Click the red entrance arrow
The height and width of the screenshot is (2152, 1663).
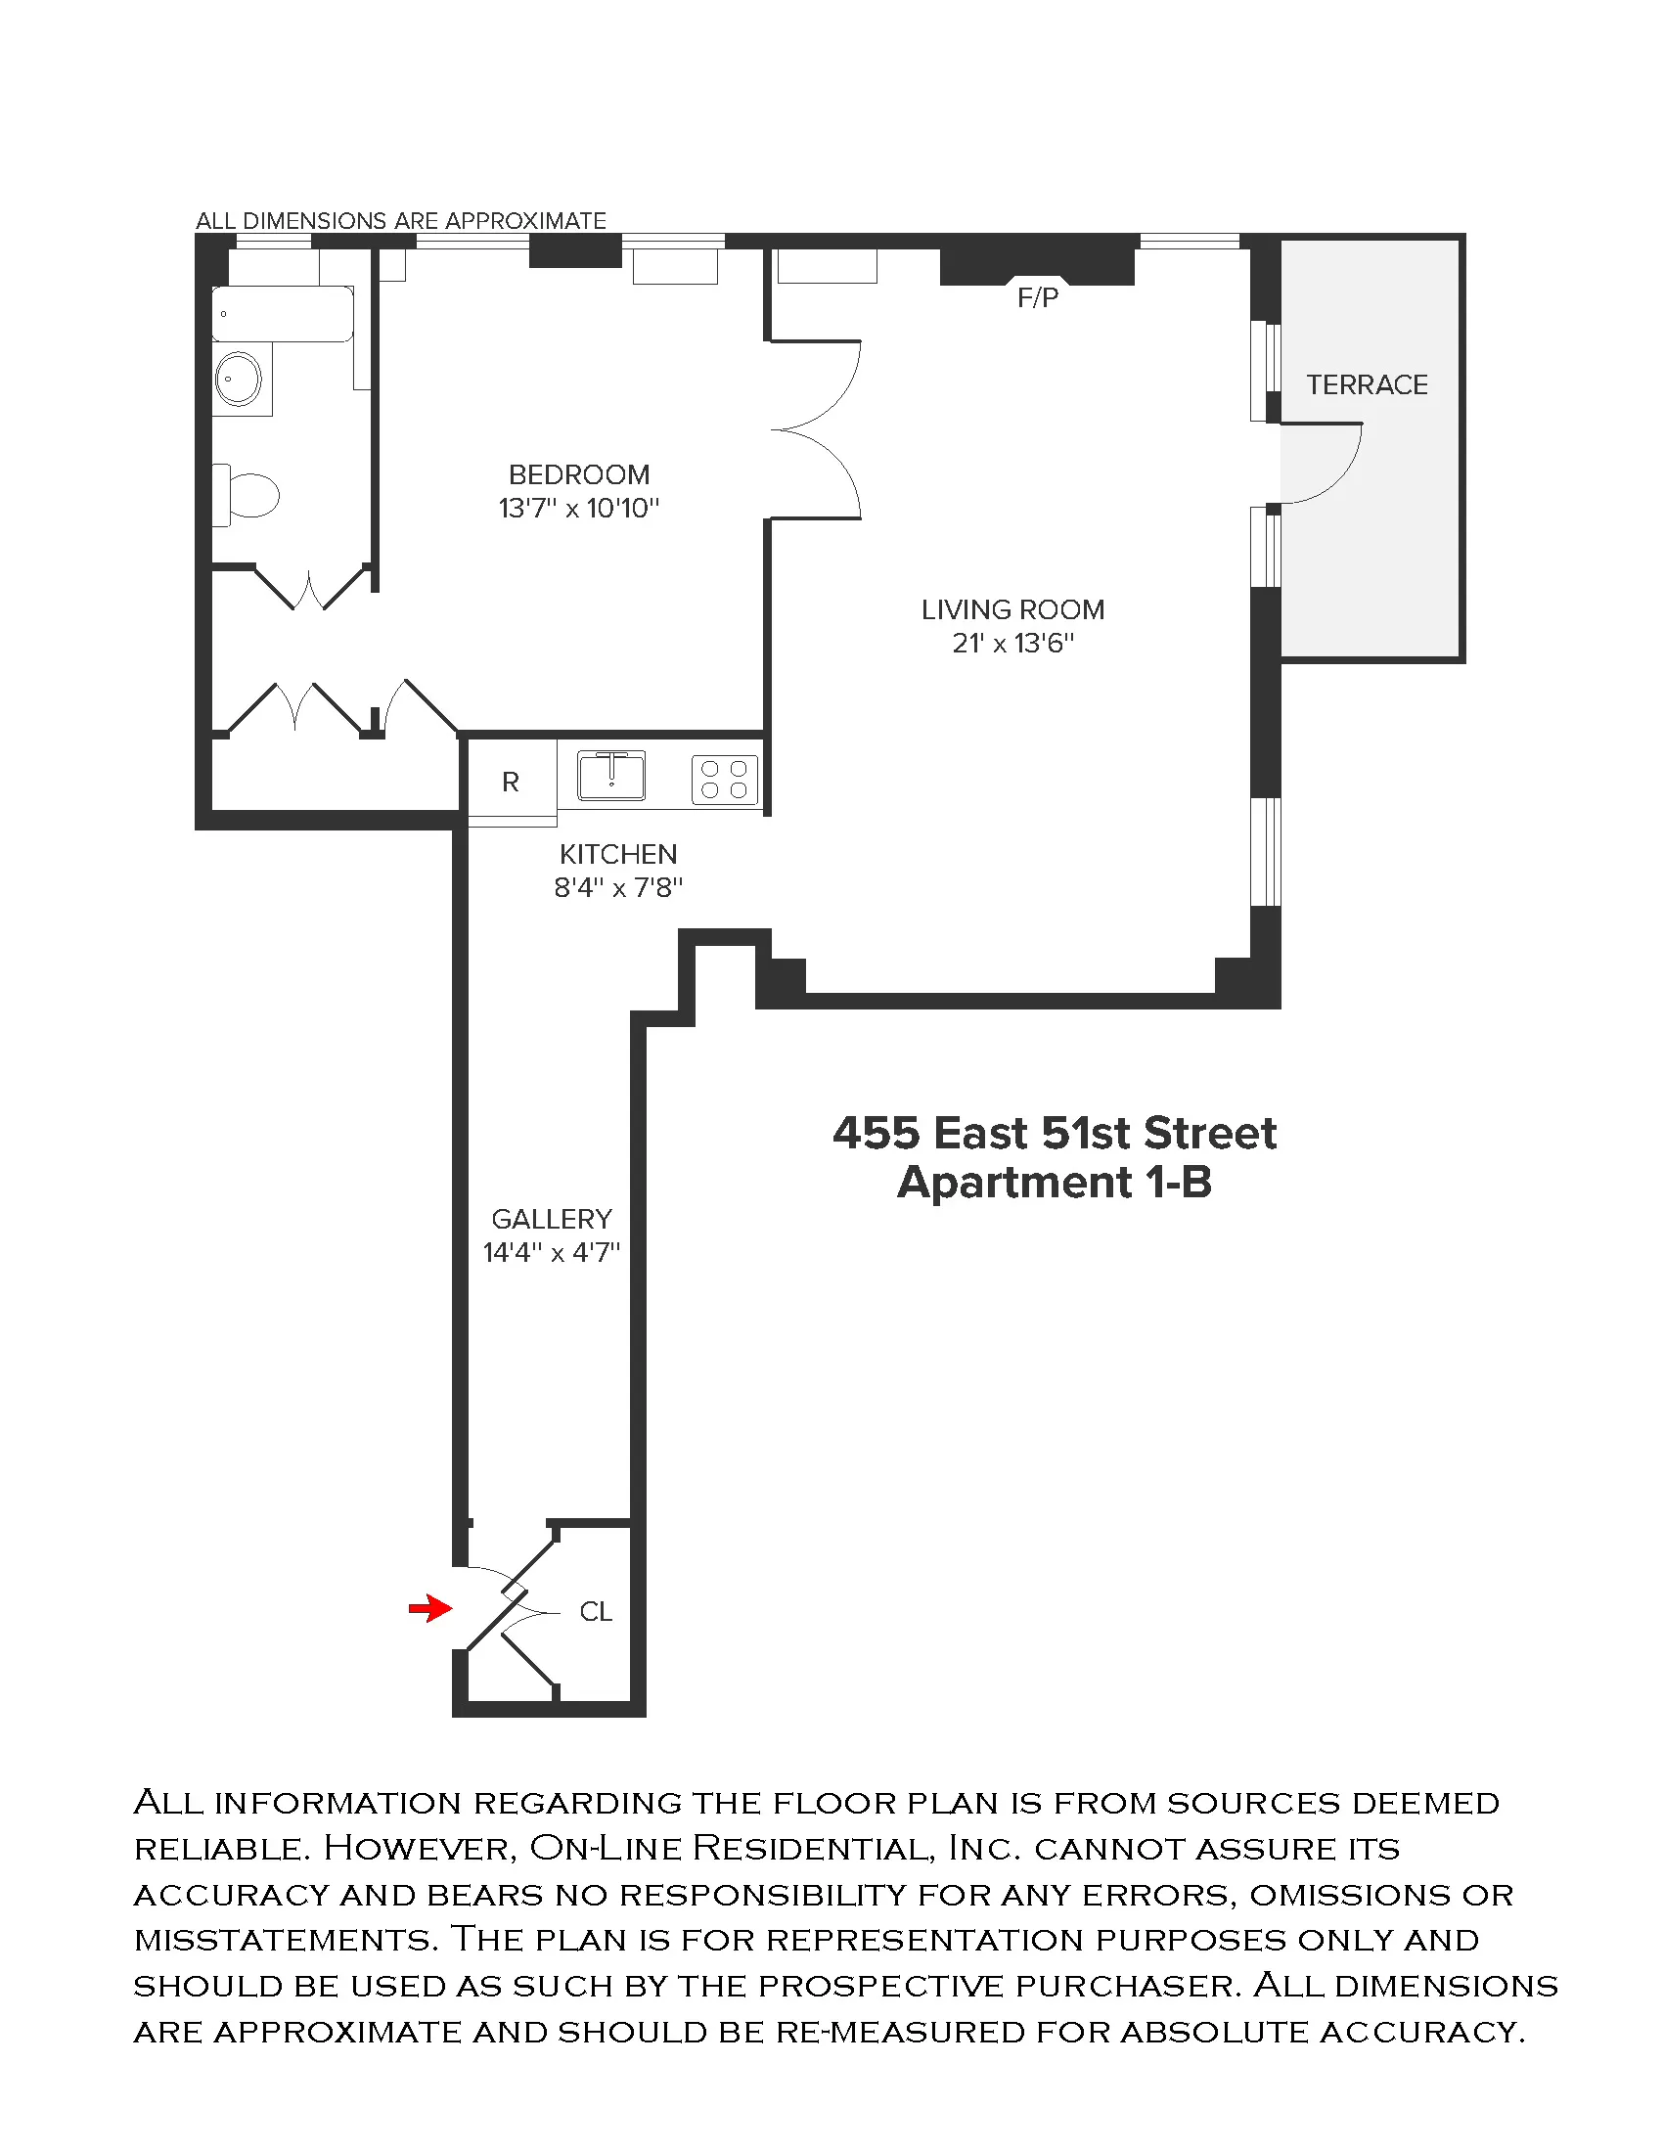[430, 1609]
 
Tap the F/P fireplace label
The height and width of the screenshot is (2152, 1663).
[1037, 297]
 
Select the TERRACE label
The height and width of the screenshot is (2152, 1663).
[1367, 384]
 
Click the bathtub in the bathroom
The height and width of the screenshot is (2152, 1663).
[283, 313]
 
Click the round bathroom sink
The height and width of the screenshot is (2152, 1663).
[239, 380]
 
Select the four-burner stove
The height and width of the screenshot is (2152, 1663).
[724, 780]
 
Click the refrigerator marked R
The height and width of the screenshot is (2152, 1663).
[511, 783]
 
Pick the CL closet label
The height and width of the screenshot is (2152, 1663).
[595, 1612]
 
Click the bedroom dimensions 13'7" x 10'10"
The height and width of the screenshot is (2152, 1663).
[578, 509]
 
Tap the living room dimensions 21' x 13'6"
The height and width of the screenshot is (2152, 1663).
[1012, 644]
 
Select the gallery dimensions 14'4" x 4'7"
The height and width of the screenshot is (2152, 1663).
[551, 1252]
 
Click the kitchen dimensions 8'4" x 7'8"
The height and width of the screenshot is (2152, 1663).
[617, 888]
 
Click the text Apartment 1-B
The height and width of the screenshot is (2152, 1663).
[1055, 1183]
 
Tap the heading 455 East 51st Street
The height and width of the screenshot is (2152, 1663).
[1055, 1133]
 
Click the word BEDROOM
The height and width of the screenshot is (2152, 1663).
[578, 475]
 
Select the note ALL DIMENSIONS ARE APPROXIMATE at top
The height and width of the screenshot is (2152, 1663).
[401, 221]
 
